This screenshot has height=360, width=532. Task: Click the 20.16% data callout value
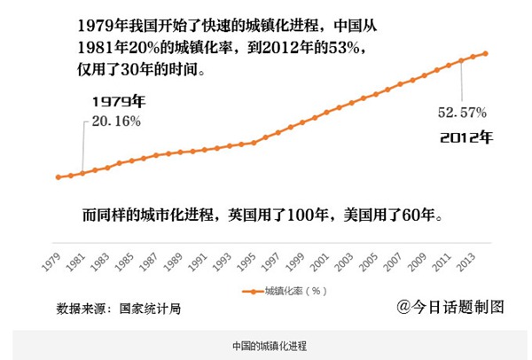click(x=113, y=120)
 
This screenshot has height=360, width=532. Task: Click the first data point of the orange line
click(x=59, y=177)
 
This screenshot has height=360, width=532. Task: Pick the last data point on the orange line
click(x=485, y=53)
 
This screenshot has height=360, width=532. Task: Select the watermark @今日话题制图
click(x=450, y=307)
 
